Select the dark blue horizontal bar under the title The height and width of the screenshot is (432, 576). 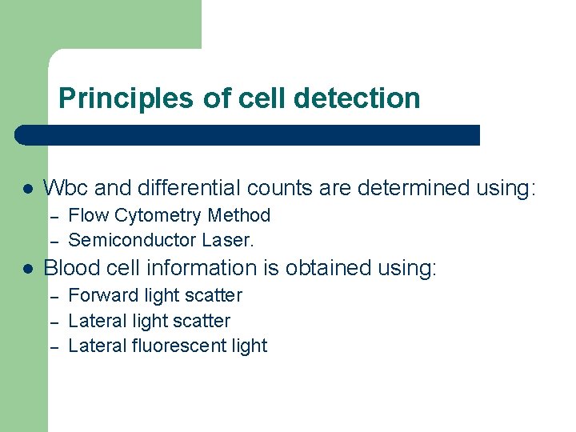point(248,135)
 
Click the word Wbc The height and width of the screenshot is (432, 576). point(66,189)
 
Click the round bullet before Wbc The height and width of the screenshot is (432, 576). point(26,190)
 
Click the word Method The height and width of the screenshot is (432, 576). point(239,216)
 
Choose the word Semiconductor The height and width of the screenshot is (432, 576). point(133,240)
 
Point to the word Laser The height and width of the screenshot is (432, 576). point(228,240)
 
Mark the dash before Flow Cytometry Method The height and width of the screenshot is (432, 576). point(54,217)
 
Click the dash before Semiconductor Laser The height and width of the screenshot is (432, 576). point(54,241)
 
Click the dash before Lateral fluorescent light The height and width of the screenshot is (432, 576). point(54,346)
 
